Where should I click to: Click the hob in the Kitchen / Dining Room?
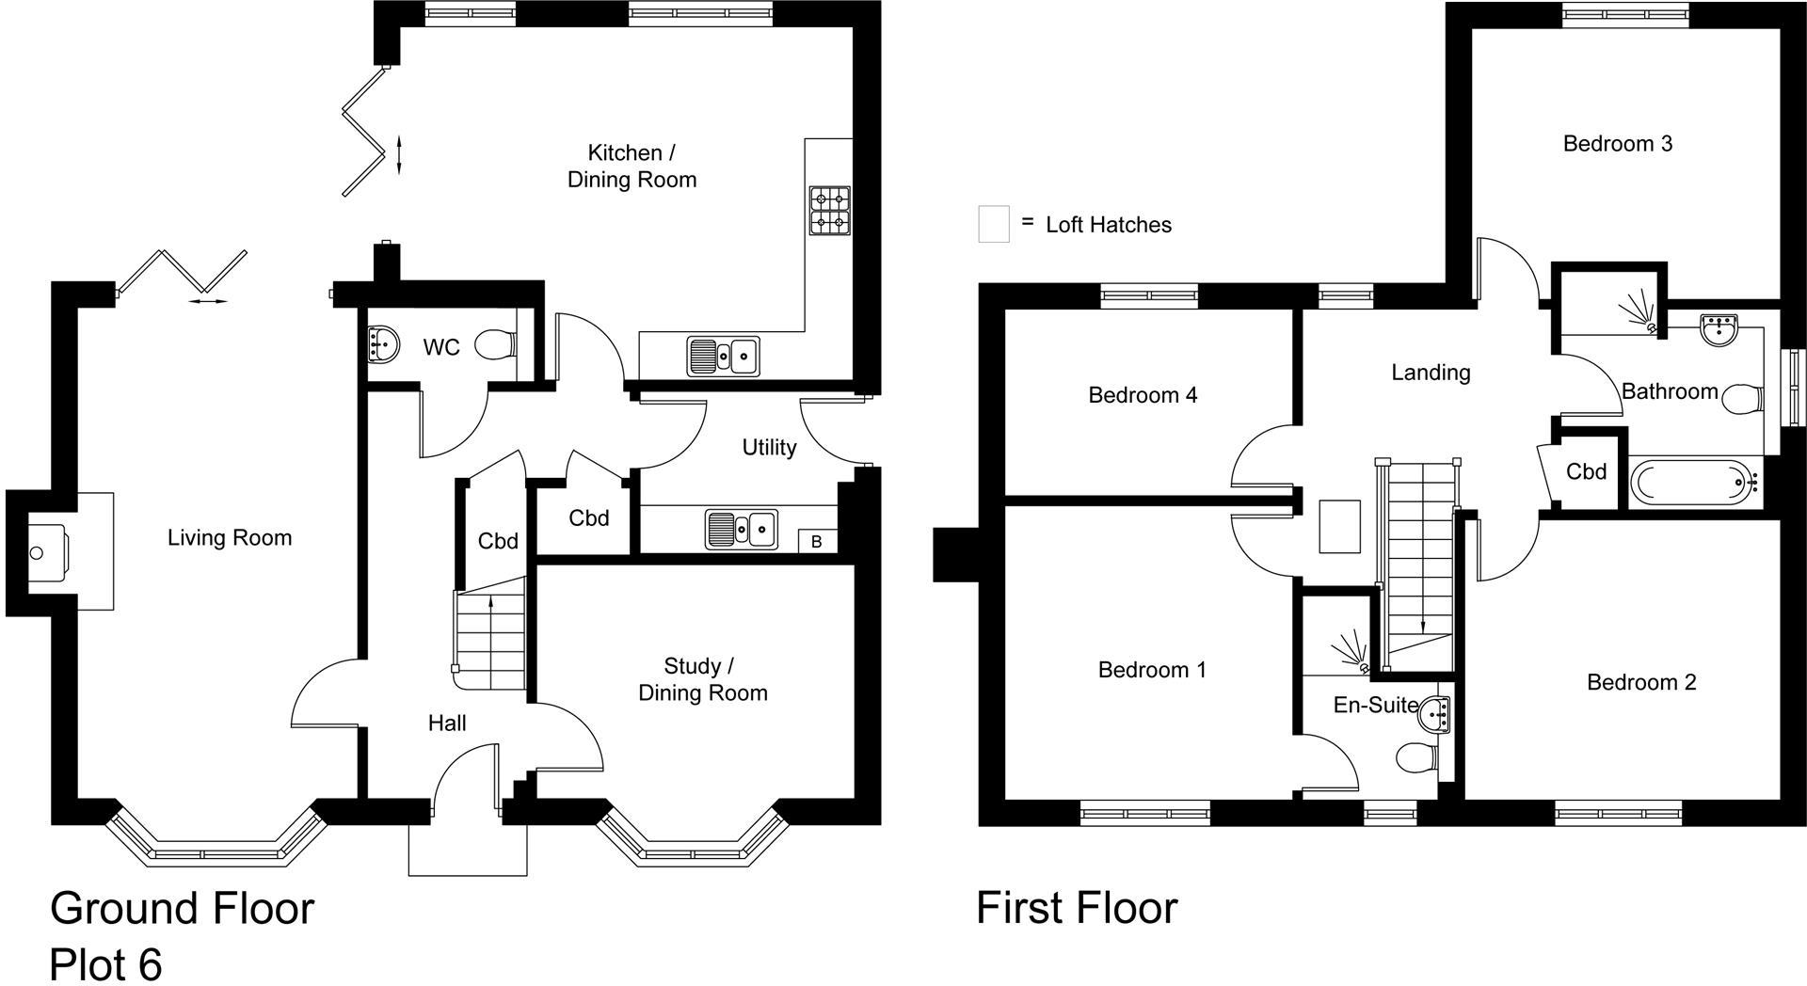[x=829, y=210]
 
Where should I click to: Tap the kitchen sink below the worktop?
[x=723, y=356]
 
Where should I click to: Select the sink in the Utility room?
[x=742, y=529]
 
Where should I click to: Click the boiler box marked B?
[x=816, y=541]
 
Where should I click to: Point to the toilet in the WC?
[x=496, y=345]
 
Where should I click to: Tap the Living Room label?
[x=230, y=538]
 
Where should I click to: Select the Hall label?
[x=447, y=723]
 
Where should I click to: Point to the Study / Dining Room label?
[x=703, y=679]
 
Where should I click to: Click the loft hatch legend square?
[x=994, y=225]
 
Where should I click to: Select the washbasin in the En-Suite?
[x=1439, y=714]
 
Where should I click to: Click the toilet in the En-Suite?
[x=1416, y=756]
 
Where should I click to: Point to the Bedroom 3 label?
[x=1617, y=144]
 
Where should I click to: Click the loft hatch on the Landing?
[x=1340, y=527]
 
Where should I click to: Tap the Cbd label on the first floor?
[x=1586, y=471]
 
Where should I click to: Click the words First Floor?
[x=1077, y=908]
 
